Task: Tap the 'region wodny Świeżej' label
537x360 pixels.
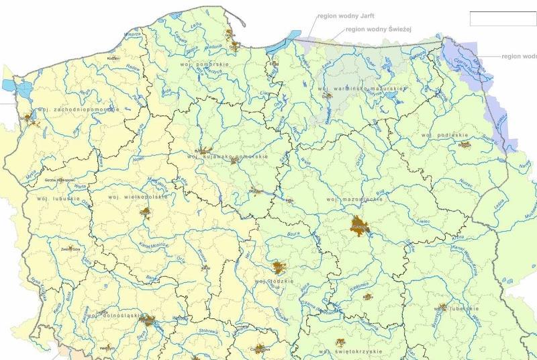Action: pyautogui.click(x=382, y=29)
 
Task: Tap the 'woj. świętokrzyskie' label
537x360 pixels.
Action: pyautogui.click(x=350, y=351)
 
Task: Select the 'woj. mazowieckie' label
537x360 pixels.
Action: pyautogui.click(x=348, y=199)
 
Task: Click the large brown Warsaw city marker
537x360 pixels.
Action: pyautogui.click(x=360, y=227)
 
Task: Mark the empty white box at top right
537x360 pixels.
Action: pyautogui.click(x=502, y=19)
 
